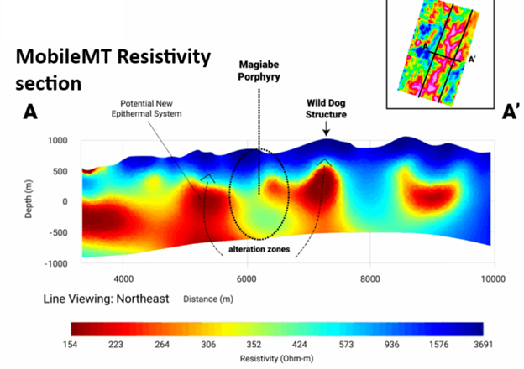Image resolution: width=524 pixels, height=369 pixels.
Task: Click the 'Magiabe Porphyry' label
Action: (259, 70)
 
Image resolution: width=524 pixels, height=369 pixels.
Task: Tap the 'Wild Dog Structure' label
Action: (326, 109)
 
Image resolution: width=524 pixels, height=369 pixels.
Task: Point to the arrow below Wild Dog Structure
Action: (326, 128)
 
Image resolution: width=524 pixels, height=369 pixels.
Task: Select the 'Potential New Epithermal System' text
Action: (146, 108)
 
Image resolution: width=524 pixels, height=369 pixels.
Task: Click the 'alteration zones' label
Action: (259, 249)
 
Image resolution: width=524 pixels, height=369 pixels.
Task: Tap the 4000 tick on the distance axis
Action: (123, 279)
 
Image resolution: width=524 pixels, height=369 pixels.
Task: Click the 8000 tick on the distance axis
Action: (370, 279)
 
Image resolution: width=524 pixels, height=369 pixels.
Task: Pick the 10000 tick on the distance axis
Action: (493, 279)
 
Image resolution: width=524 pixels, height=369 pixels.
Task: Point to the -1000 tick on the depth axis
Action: (56, 263)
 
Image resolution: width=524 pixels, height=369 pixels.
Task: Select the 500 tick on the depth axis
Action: (60, 171)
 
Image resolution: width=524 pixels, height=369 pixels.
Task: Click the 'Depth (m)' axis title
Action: (29, 200)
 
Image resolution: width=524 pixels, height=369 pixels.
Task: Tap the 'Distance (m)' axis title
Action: (208, 299)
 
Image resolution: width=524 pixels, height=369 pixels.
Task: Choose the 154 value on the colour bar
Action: (70, 345)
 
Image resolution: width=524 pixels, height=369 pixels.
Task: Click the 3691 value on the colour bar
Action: (483, 345)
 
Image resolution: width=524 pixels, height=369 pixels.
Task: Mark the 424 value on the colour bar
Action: (300, 345)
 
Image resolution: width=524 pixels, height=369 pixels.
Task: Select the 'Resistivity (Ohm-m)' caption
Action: (277, 359)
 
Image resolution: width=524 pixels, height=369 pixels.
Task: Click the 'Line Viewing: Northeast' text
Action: (106, 299)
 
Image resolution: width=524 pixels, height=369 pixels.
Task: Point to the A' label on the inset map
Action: (472, 60)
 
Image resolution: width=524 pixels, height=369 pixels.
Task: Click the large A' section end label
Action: (511, 112)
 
